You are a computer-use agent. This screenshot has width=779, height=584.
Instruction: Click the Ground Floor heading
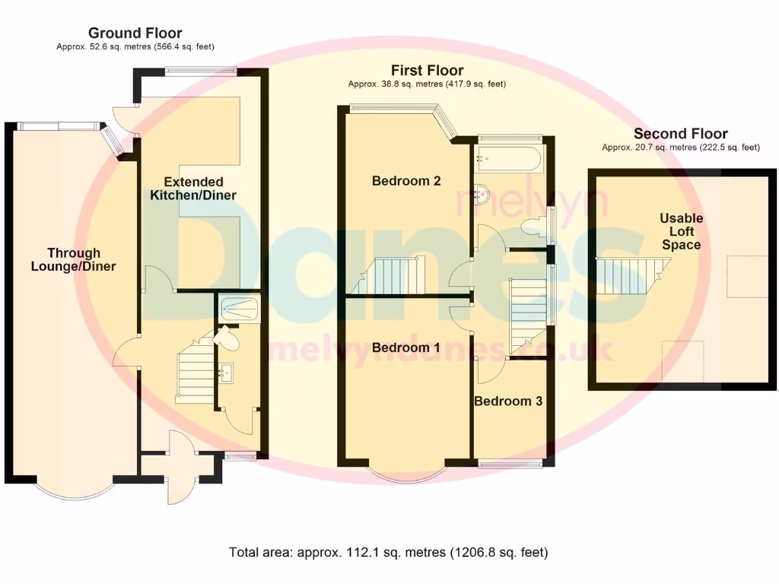[x=135, y=33]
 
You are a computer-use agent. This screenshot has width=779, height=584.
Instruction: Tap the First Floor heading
[x=428, y=70]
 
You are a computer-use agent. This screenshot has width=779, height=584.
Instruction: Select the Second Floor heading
[x=681, y=134]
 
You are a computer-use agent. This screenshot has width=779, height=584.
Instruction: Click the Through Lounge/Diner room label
[x=74, y=260]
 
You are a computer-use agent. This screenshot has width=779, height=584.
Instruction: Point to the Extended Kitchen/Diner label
[x=193, y=189]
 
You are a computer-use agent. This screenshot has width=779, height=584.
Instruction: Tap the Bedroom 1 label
[x=406, y=348]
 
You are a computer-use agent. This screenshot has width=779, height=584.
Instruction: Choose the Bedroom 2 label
[x=406, y=181]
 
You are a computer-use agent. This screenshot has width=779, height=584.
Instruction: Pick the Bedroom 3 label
[x=508, y=401]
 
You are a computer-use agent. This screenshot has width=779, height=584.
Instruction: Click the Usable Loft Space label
[x=681, y=231]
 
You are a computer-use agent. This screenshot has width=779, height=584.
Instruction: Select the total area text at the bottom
[x=389, y=552]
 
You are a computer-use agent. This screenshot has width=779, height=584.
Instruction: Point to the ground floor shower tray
[x=240, y=309]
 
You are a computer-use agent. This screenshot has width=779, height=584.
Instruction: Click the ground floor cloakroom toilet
[x=227, y=338]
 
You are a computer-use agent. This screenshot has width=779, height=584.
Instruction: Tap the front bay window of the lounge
[x=75, y=490]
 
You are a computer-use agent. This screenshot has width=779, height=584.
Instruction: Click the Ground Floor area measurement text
[x=135, y=46]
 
